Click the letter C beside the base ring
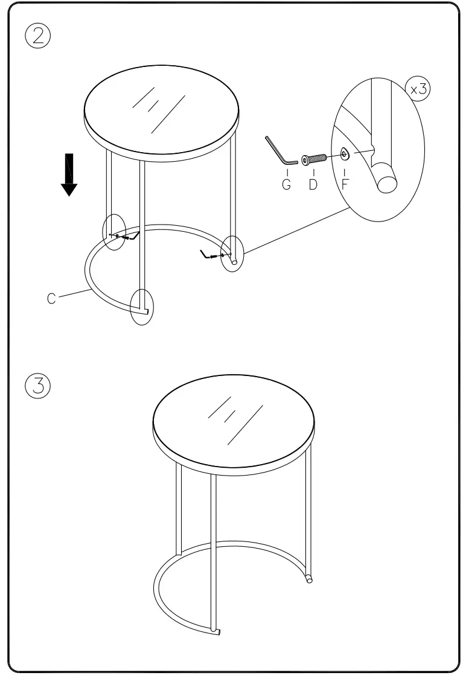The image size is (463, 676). point(52,299)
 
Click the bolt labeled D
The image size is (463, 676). point(314,159)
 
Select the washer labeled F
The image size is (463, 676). point(344,155)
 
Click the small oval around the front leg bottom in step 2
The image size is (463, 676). point(143,307)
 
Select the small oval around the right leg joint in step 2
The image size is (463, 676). point(232,254)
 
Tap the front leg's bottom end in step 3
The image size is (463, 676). point(216,631)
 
